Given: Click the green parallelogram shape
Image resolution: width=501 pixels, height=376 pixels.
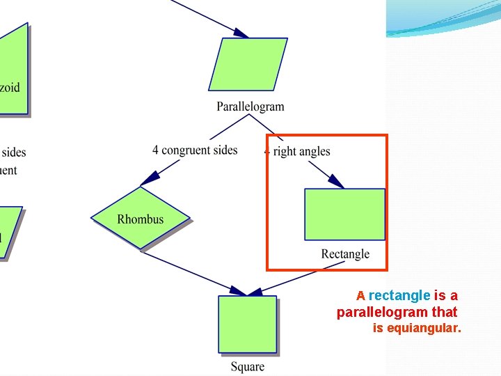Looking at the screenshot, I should [248, 64].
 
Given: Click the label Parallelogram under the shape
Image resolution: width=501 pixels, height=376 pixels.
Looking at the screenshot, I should [250, 107].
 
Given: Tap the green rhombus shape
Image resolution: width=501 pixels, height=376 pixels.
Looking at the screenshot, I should [140, 218].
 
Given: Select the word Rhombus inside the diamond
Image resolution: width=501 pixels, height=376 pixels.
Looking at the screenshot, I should [140, 219].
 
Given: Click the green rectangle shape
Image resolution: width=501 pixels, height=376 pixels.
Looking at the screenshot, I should [344, 214].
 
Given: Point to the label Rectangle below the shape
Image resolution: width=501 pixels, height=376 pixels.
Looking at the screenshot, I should [345, 254].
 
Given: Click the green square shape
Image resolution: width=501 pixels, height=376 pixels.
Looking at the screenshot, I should [247, 324].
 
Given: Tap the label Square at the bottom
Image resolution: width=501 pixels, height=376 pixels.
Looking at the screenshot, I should [248, 366].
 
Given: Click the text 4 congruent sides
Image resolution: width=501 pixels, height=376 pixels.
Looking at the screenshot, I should [195, 150].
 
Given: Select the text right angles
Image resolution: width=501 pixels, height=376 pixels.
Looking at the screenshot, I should [301, 151].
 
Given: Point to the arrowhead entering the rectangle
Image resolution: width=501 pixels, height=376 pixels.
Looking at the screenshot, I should [337, 182].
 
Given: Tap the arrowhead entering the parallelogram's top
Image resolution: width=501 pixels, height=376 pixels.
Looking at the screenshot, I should [241, 33].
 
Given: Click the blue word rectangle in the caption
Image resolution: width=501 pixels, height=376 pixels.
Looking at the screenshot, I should [399, 296].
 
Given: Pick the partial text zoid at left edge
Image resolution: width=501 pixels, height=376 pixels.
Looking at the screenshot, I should [10, 88].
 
